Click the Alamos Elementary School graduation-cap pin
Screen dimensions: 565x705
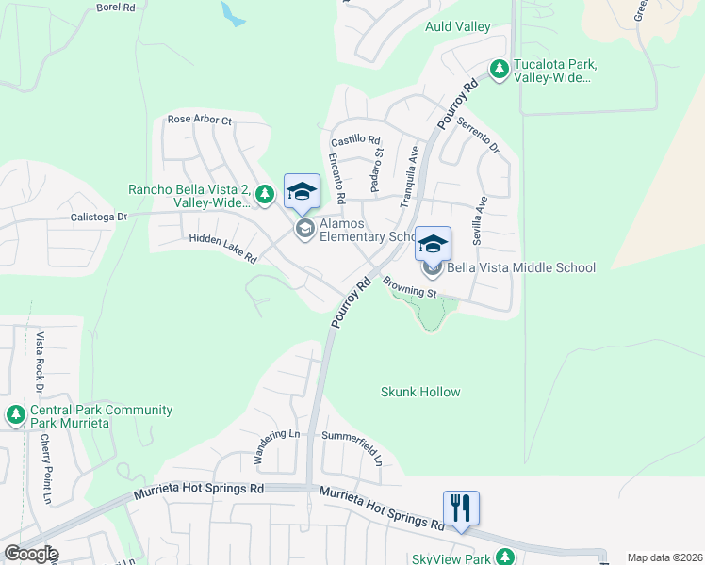pos(302,192)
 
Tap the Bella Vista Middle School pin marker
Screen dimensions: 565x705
pos(433,245)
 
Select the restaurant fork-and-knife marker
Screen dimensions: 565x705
pos(461,508)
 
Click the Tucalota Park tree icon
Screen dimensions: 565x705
pos(500,69)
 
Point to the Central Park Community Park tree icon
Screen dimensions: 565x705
pos(15,414)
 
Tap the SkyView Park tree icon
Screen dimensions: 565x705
pos(506,557)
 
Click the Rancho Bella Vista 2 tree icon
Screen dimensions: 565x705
pos(265,195)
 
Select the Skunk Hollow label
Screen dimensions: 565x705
pos(420,392)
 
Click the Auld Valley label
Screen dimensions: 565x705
pos(458,26)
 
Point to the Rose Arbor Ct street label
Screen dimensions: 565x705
pos(199,120)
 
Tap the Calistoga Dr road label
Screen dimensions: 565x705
pos(98,217)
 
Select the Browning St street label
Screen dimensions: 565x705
pos(411,286)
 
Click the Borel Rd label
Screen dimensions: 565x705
pos(116,7)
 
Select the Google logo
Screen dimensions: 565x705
pos(30,554)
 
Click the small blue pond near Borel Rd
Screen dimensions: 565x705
pos(232,13)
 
